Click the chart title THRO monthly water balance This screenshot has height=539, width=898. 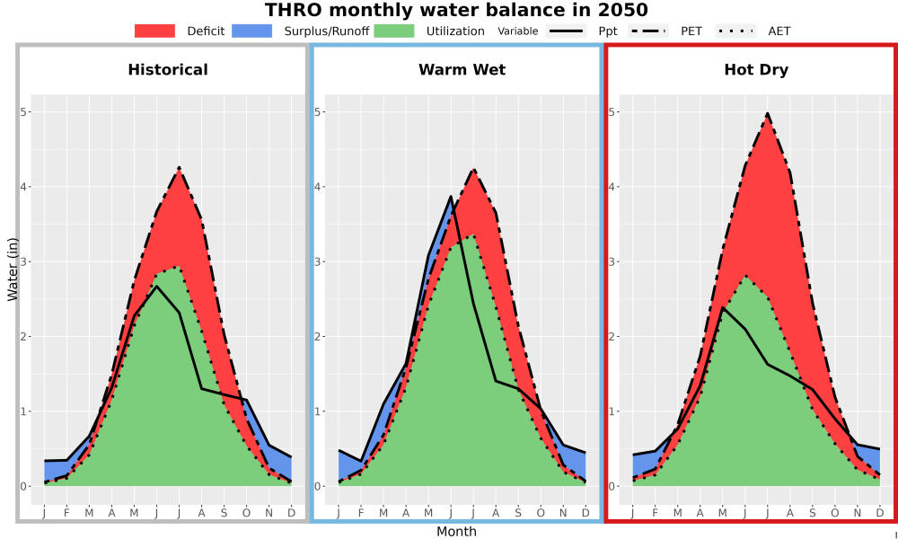456,10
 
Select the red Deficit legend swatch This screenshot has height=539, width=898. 154,31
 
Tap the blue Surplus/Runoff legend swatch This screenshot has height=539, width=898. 251,31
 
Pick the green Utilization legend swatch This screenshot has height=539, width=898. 394,31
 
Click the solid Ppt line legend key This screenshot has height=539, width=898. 565,31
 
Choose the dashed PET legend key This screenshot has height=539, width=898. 647,31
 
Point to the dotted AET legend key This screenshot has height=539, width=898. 735,31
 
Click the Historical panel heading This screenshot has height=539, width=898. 168,70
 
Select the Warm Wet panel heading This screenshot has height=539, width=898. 462,70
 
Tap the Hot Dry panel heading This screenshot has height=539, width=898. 756,70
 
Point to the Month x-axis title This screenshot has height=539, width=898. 456,532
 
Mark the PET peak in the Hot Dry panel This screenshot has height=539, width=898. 768,114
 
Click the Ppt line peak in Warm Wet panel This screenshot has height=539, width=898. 451,196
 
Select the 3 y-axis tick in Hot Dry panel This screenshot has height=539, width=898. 610,261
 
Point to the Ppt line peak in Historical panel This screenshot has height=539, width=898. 156,286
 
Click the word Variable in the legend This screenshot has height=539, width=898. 518,31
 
